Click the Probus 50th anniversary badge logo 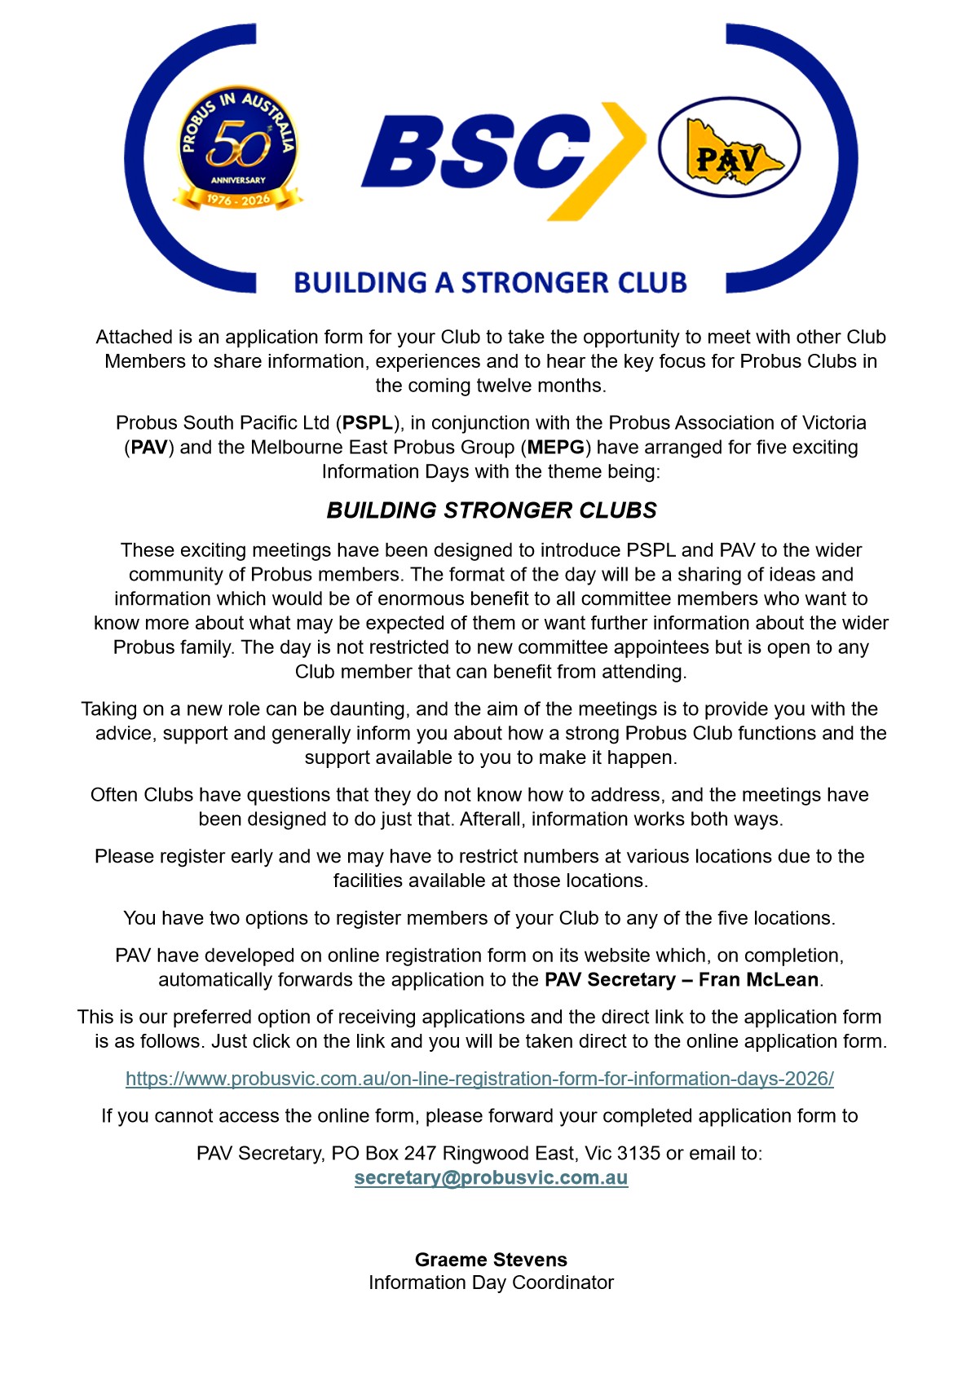237,147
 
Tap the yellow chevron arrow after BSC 613,159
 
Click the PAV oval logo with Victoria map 729,148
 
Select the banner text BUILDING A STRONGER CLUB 490,283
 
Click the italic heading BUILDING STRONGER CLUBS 491,510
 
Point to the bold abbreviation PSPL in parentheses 367,423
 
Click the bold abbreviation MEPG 555,448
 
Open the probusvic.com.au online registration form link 479,1079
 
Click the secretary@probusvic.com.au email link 491,1178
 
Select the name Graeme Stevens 491,1260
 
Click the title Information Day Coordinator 491,1282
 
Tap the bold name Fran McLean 758,980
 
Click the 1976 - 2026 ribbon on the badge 237,200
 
